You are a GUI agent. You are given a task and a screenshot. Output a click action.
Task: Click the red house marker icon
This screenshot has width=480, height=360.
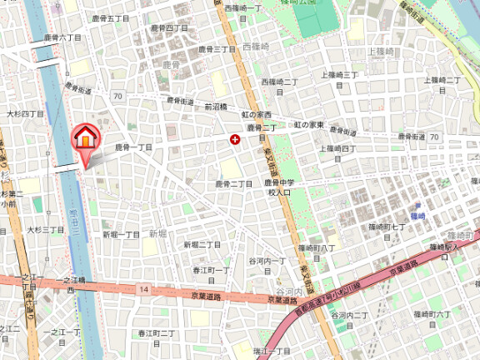click(x=85, y=137)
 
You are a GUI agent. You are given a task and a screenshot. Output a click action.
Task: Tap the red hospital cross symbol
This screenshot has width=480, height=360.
click(x=235, y=141)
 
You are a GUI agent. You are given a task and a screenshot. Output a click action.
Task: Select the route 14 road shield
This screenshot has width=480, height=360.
click(x=144, y=289)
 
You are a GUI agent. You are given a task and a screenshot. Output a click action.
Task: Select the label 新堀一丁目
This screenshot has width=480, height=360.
click(x=121, y=235)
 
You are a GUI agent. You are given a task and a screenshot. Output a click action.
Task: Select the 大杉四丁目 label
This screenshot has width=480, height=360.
click(x=25, y=113)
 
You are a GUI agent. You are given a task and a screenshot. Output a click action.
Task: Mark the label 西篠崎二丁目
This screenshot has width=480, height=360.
click(x=280, y=82)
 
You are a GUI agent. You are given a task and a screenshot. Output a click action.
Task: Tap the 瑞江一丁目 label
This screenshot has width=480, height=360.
click(x=272, y=352)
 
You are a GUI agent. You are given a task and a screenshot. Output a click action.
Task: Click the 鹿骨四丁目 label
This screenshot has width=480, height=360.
click(x=170, y=28)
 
